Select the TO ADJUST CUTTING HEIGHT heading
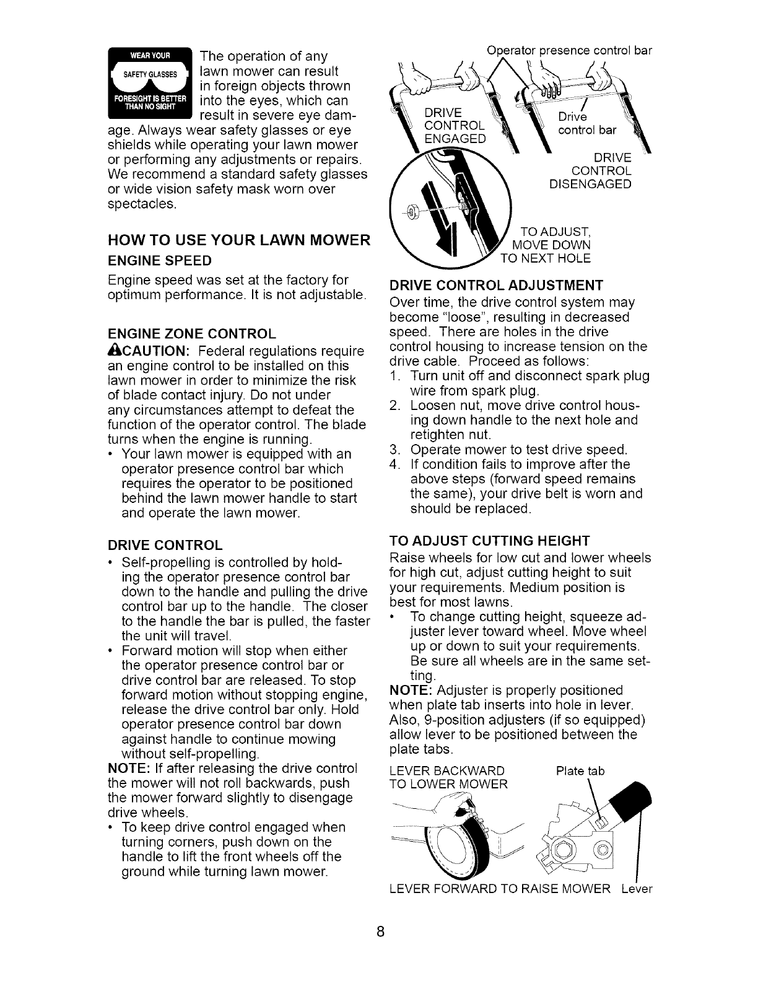(x=489, y=539)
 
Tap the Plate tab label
(x=580, y=772)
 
